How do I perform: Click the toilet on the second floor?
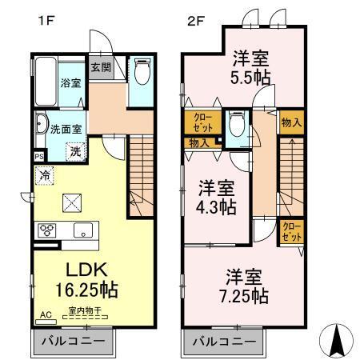point(235,125)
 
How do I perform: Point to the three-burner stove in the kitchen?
point(46,230)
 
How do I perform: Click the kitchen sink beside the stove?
point(83,230)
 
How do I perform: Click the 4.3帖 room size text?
point(216,206)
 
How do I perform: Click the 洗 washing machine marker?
point(74,150)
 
